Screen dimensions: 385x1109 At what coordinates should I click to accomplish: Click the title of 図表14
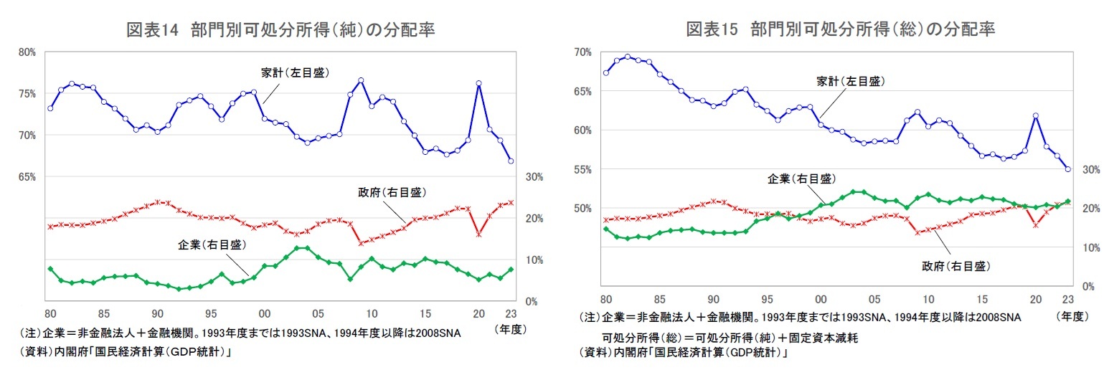(x=280, y=29)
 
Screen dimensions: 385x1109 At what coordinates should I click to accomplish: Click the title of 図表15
(x=840, y=29)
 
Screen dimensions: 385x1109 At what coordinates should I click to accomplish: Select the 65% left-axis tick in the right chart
(x=582, y=91)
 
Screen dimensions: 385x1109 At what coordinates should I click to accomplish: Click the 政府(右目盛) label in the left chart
(x=391, y=192)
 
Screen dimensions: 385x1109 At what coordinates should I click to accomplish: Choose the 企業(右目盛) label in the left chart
(x=212, y=244)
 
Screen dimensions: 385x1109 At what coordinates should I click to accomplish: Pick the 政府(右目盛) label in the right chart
(x=955, y=266)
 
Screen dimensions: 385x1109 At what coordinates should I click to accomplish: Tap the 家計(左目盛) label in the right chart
(x=850, y=82)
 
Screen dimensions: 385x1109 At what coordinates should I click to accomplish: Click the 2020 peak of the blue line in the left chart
(x=478, y=83)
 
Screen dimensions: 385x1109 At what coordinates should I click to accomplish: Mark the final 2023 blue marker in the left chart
(x=511, y=161)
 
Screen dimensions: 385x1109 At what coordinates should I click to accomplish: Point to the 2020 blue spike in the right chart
(x=1036, y=115)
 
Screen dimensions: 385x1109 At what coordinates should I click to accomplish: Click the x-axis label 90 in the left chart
(x=157, y=313)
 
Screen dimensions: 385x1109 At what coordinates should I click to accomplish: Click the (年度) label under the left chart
(x=511, y=329)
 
